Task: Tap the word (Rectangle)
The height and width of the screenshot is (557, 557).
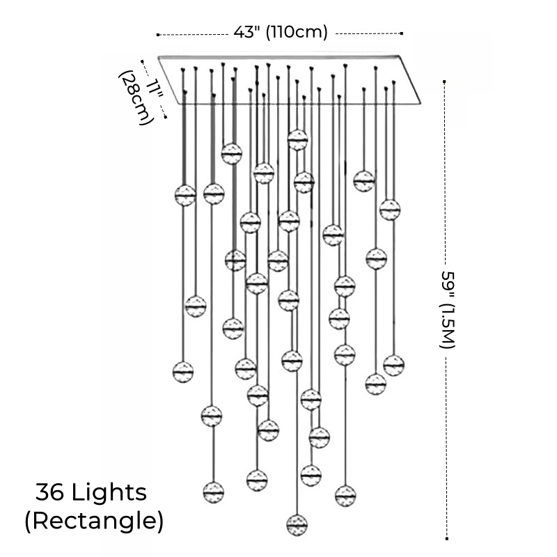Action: click(94, 521)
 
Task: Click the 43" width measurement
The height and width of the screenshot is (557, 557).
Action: click(245, 31)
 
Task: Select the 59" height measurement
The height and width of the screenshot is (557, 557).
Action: click(446, 282)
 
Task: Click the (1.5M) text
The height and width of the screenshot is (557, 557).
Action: click(446, 324)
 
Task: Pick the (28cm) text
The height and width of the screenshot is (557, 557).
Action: click(134, 97)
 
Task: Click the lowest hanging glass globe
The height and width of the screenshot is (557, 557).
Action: click(297, 523)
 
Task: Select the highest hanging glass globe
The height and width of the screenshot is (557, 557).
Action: click(297, 140)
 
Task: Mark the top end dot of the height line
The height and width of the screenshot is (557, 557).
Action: click(446, 81)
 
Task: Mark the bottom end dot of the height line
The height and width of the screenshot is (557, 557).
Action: click(446, 538)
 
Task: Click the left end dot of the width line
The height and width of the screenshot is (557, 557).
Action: click(158, 33)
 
